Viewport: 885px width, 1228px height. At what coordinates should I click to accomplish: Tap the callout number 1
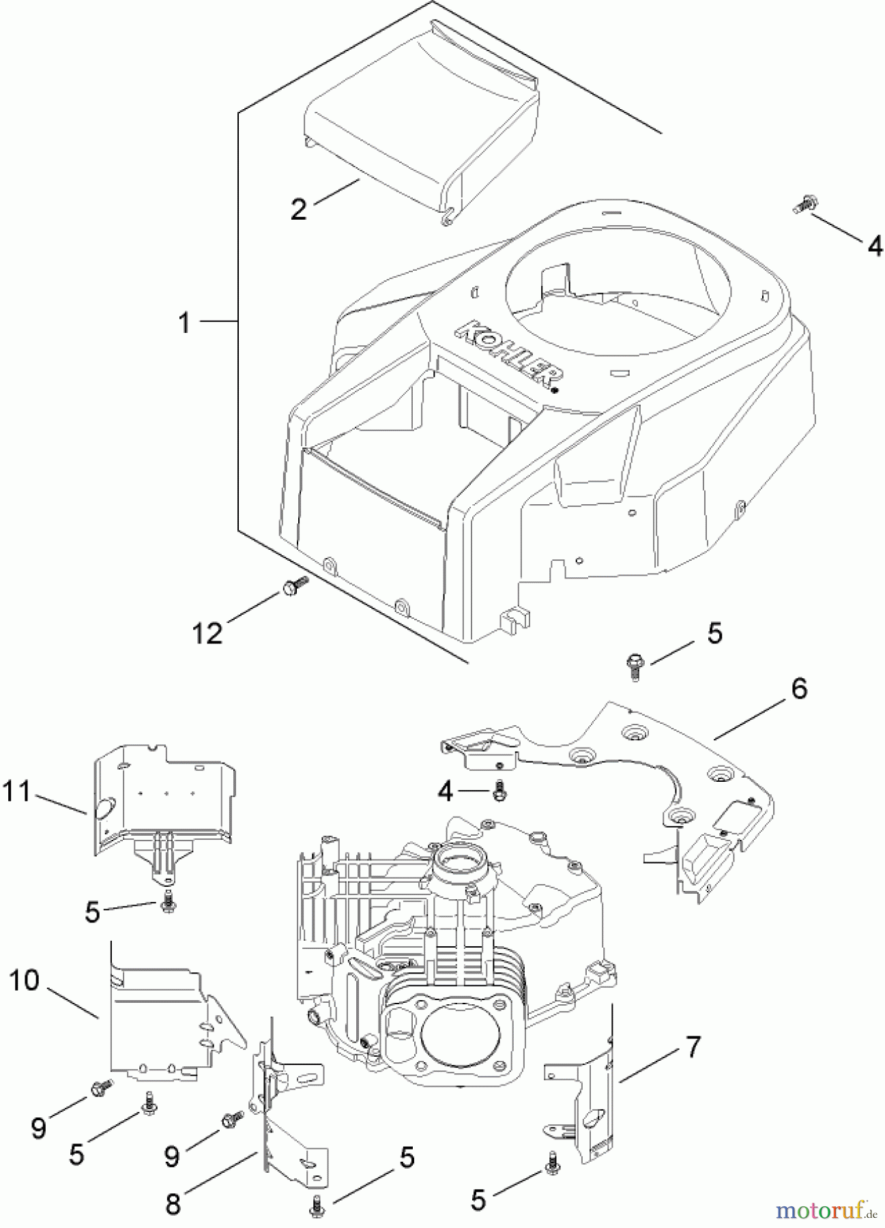[185, 322]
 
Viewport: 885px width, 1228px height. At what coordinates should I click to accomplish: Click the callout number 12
[207, 633]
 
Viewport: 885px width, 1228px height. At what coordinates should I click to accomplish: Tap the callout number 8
[173, 1203]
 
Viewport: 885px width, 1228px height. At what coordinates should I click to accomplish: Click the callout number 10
[25, 981]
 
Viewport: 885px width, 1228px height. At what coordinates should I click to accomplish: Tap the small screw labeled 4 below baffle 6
[499, 791]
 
